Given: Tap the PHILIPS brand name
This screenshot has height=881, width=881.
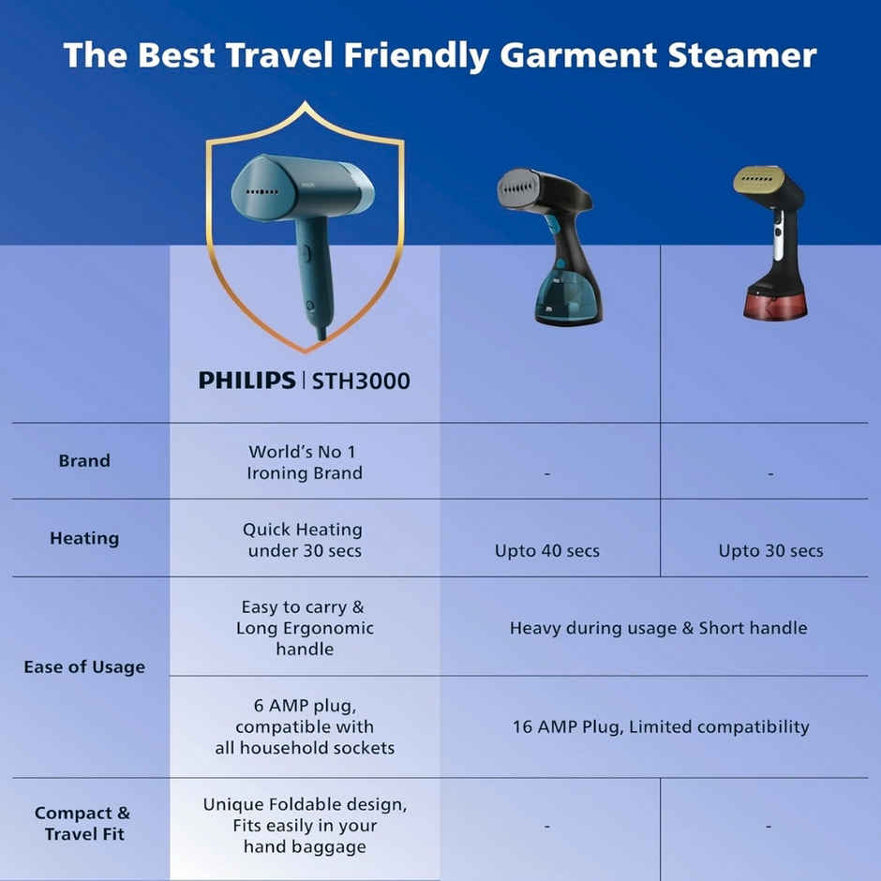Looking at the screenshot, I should tap(246, 381).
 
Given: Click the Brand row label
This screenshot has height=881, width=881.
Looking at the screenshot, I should tap(84, 460).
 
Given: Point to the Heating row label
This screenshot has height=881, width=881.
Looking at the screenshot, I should tap(84, 538).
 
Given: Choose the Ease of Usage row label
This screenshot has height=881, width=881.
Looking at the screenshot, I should tap(84, 667).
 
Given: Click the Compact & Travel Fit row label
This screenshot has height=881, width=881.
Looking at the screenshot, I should tap(82, 823).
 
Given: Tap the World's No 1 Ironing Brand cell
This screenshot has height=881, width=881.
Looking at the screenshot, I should tap(304, 462).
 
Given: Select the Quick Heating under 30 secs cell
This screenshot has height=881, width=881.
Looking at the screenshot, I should tap(303, 540).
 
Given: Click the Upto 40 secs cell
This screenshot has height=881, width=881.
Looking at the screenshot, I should tap(547, 550).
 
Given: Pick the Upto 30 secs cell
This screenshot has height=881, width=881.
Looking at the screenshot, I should tap(770, 550).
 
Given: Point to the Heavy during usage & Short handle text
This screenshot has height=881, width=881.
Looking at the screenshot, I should tap(658, 628).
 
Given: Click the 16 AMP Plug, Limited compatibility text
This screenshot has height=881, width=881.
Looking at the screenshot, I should tap(660, 726).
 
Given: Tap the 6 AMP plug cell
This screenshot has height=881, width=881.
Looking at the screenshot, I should tap(304, 726).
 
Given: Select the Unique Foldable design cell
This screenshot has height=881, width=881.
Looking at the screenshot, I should tap(305, 826).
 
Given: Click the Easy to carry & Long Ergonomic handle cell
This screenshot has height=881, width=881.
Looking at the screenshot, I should tap(304, 627).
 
